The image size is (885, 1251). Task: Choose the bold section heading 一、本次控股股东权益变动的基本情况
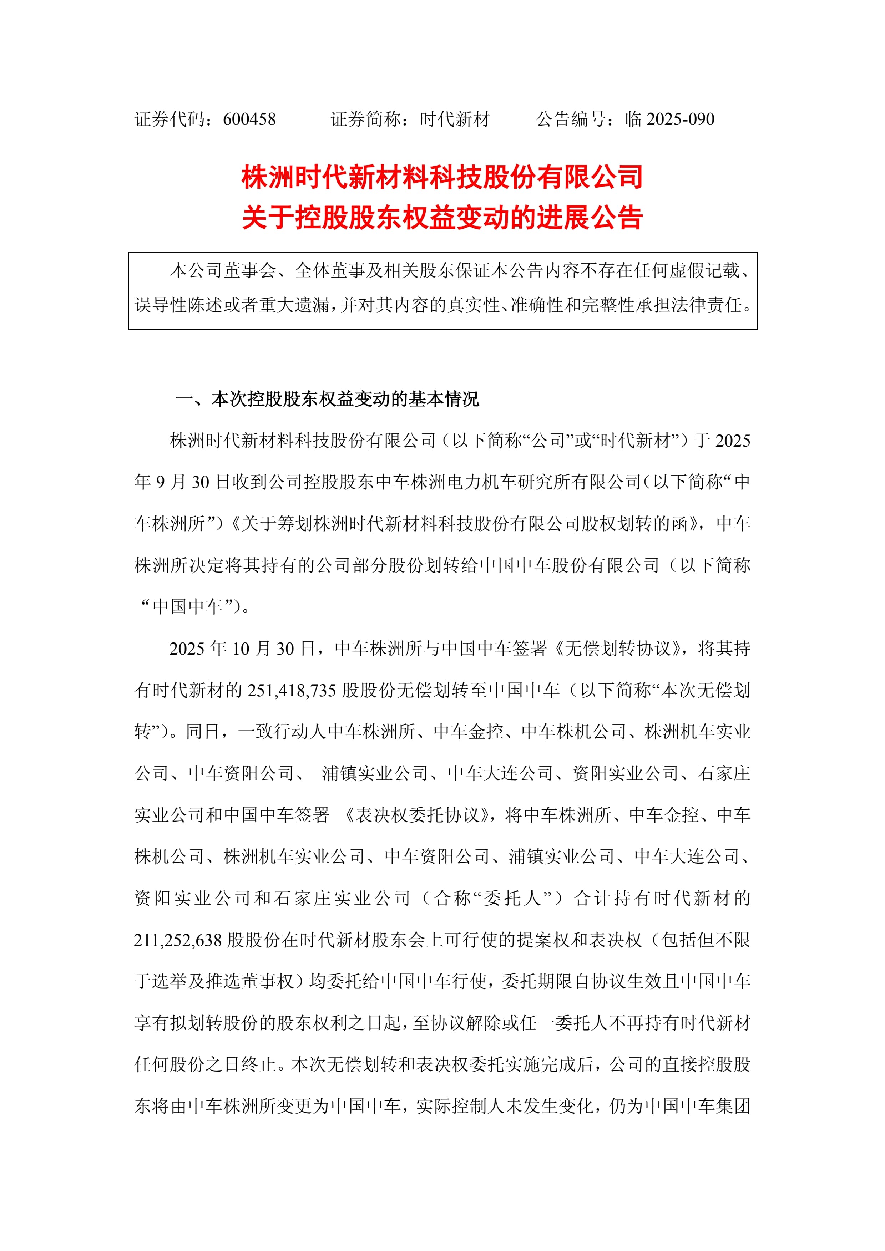pos(327,400)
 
